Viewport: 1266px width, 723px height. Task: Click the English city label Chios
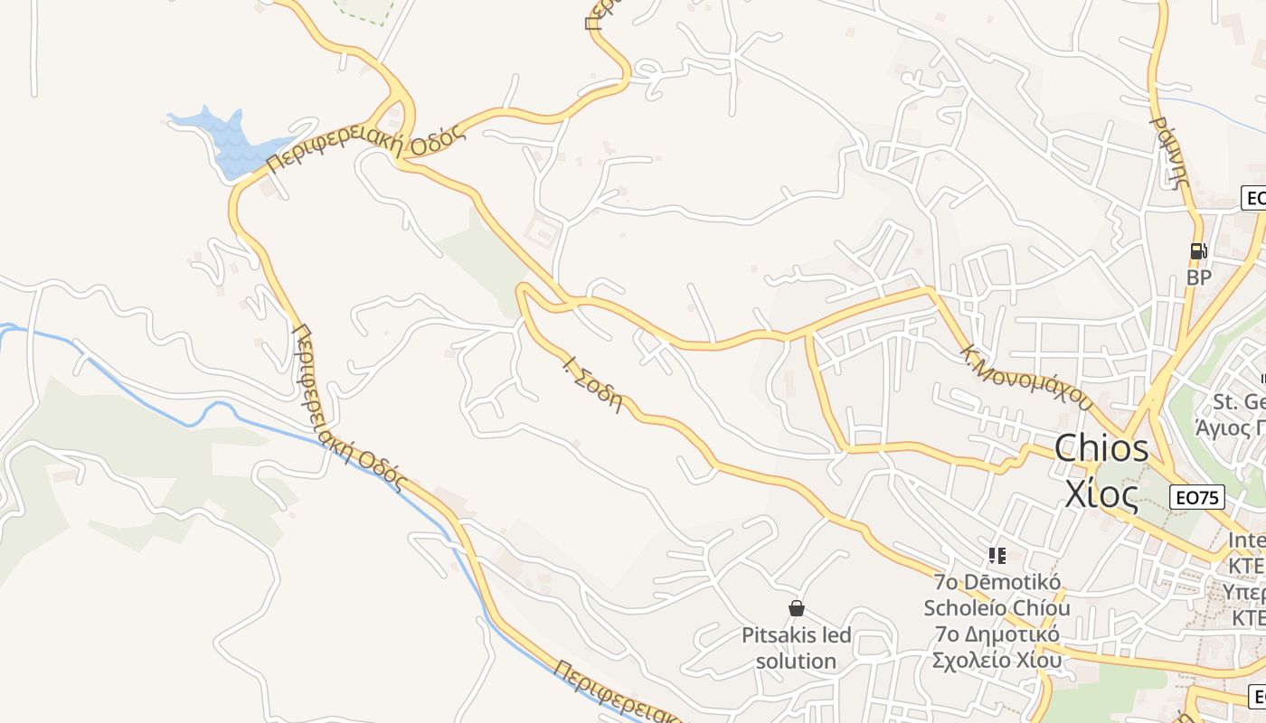(1101, 448)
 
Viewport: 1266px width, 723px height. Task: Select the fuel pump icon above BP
(1198, 251)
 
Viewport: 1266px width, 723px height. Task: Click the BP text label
(1198, 277)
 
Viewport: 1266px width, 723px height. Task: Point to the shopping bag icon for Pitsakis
(797, 608)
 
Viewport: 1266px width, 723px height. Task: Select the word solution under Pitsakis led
(796, 661)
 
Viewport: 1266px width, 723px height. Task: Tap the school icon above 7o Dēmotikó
(997, 556)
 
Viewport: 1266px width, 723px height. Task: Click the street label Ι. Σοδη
(593, 385)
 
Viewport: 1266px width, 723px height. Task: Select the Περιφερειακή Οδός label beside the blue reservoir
(366, 145)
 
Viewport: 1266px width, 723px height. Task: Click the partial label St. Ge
(1239, 401)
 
